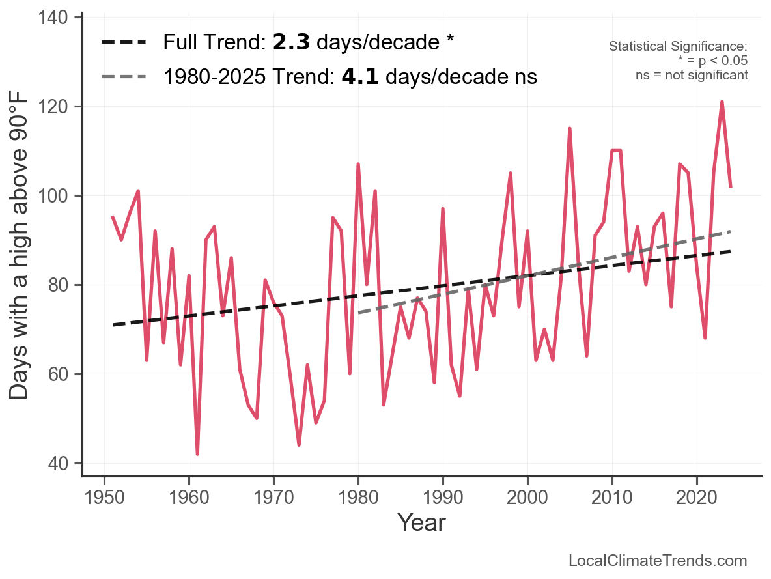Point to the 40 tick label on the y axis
point(59,464)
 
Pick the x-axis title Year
point(421,522)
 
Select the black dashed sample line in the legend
point(125,43)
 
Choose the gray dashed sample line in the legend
point(125,78)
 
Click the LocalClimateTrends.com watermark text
point(658,561)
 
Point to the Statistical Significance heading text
point(678,47)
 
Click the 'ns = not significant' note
point(692,75)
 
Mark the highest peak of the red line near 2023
point(722,102)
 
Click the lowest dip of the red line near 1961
point(197,454)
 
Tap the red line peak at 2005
point(570,128)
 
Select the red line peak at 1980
point(358,164)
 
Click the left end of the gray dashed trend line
point(359,313)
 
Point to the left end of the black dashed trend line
point(113,324)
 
